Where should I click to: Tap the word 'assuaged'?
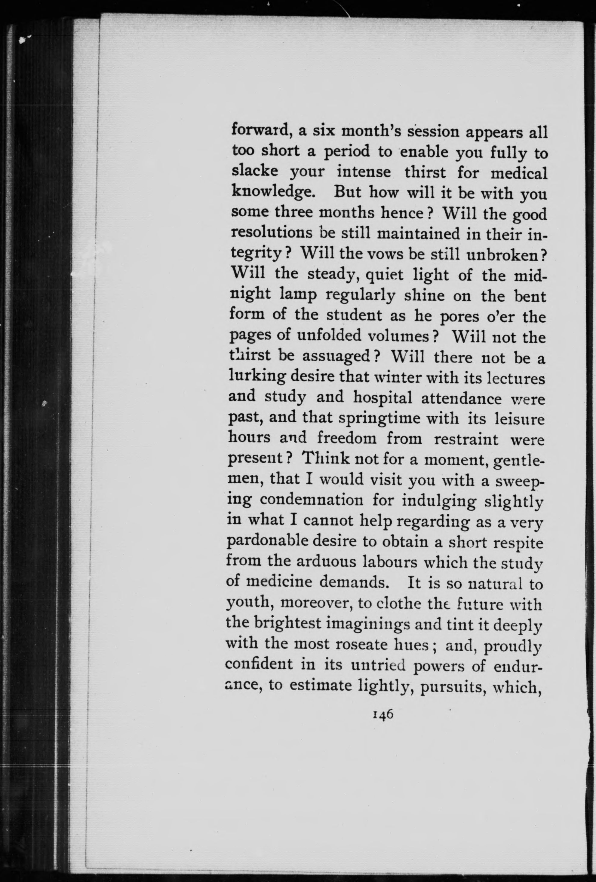(341, 357)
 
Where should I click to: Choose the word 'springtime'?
(380, 418)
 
